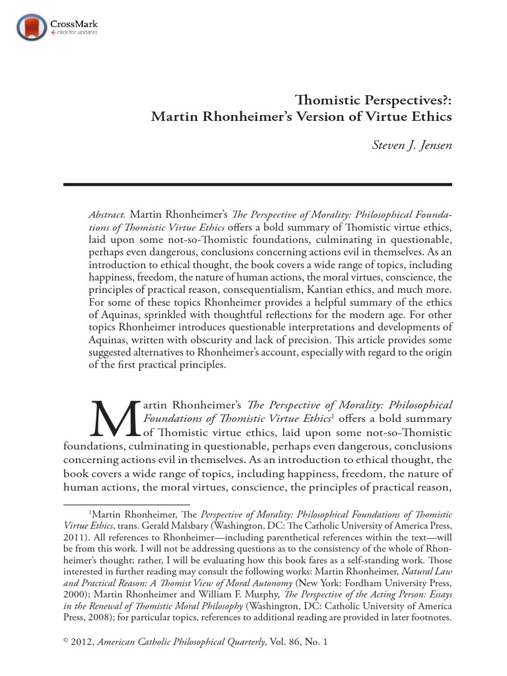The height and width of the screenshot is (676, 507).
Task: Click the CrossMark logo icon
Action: point(32,27)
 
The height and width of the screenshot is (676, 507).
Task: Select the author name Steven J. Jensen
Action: point(412,145)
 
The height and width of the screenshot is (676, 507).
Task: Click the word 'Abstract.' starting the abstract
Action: point(107,215)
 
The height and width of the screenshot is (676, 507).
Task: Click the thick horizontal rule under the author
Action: point(257,184)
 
